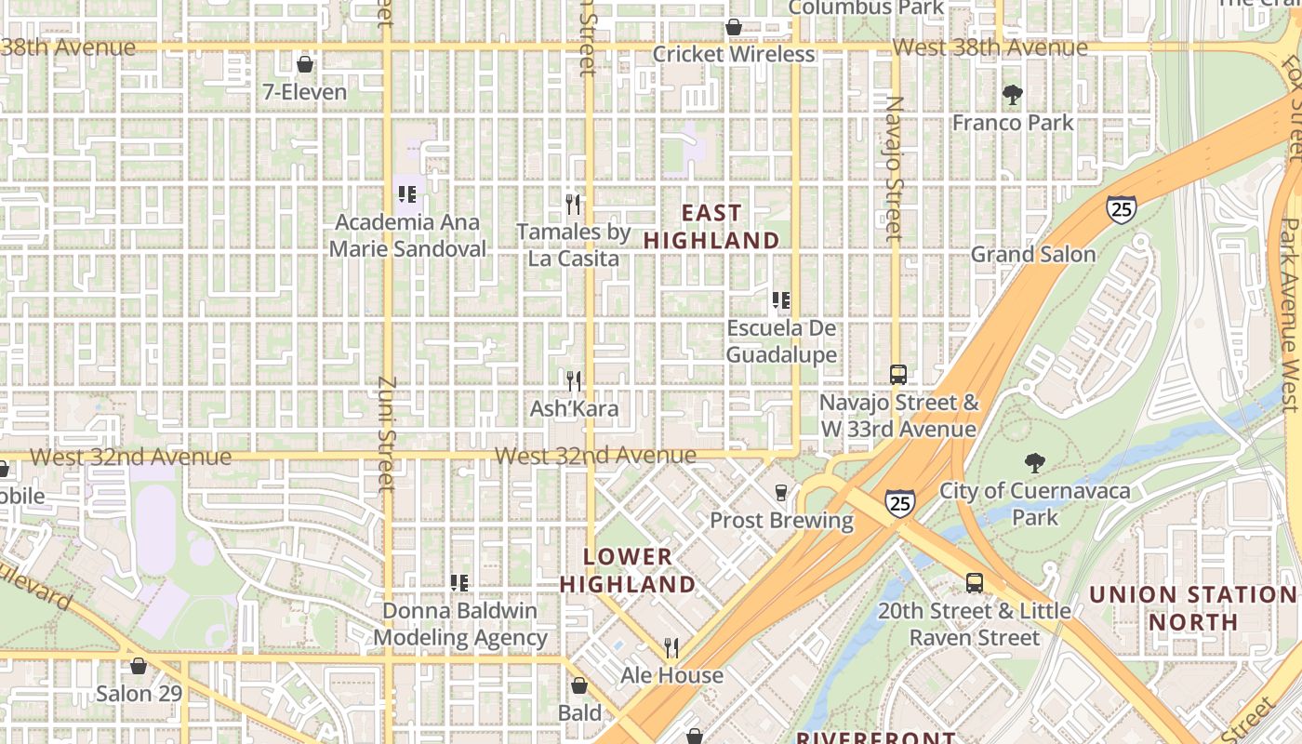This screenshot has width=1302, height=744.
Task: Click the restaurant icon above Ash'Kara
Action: click(x=574, y=380)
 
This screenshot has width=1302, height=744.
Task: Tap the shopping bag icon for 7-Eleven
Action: click(x=304, y=64)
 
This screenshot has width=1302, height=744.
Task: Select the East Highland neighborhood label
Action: click(x=711, y=227)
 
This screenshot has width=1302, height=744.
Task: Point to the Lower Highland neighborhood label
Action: click(x=628, y=570)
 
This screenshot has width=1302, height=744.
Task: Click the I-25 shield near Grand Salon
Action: click(x=1121, y=208)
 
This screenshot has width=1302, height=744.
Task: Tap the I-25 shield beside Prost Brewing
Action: click(x=899, y=503)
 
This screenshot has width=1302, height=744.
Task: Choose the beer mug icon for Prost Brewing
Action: click(x=781, y=492)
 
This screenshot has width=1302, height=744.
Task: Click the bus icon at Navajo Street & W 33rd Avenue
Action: click(x=897, y=375)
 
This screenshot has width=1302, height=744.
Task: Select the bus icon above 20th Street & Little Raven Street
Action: click(x=974, y=583)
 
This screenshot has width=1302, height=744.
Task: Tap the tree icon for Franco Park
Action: click(x=1012, y=94)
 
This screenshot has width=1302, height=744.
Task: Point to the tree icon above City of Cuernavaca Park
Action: click(x=1033, y=462)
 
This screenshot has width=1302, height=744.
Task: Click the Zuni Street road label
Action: click(x=388, y=433)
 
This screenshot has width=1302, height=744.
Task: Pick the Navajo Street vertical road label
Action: click(x=894, y=167)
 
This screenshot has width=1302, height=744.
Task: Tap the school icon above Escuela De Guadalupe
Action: click(x=781, y=300)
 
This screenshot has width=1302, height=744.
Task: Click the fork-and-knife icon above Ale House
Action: click(x=671, y=647)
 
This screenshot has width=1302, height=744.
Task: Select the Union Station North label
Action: click(x=1192, y=608)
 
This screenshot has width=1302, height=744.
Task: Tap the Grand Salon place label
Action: click(x=1033, y=254)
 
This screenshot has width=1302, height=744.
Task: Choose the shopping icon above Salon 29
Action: click(x=138, y=666)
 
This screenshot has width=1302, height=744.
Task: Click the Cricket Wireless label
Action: click(x=734, y=54)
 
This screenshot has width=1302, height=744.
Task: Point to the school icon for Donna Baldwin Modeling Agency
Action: click(x=459, y=583)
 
